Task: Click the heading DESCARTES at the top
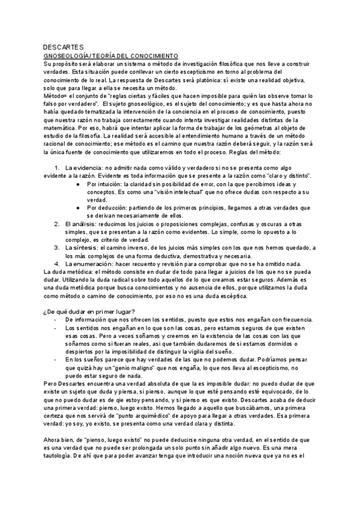click(x=64, y=47)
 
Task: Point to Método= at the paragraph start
click(x=56, y=95)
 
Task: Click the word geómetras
click(x=273, y=127)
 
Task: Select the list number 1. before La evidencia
click(x=57, y=167)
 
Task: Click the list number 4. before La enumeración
click(x=57, y=264)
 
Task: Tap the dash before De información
click(x=55, y=321)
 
